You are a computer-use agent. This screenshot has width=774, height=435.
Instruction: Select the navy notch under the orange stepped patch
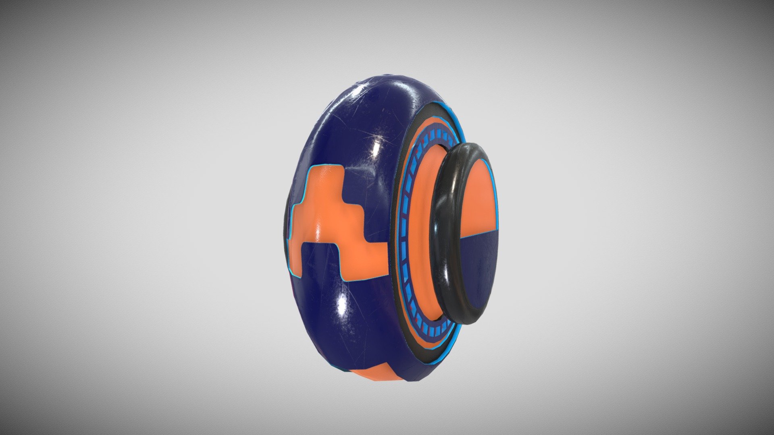(318, 258)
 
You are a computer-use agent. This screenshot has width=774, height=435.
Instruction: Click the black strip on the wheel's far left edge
(287, 217)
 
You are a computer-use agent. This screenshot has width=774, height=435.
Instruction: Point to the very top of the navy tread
(363, 77)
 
